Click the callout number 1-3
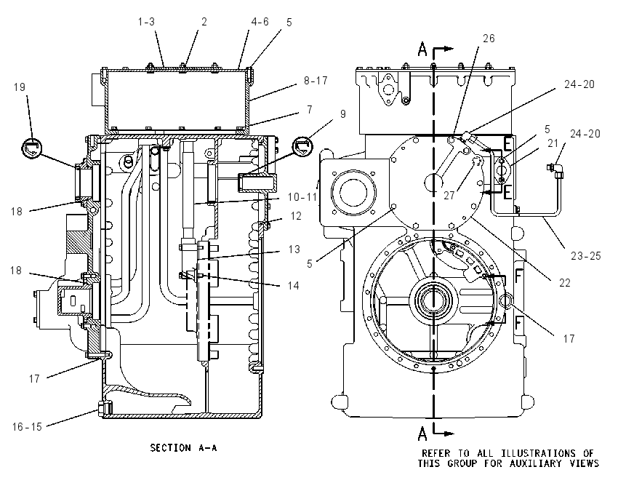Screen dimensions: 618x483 (x=146, y=22)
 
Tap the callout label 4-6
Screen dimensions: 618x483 (x=260, y=22)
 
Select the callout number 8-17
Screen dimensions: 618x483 (x=316, y=81)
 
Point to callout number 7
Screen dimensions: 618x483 (x=310, y=109)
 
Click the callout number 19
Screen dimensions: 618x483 (x=20, y=87)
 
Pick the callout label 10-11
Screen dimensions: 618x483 (x=302, y=196)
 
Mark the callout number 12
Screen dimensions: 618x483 (x=296, y=215)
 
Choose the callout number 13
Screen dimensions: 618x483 (x=294, y=250)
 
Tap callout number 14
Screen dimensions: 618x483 (x=293, y=285)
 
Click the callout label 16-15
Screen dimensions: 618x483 (x=27, y=426)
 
